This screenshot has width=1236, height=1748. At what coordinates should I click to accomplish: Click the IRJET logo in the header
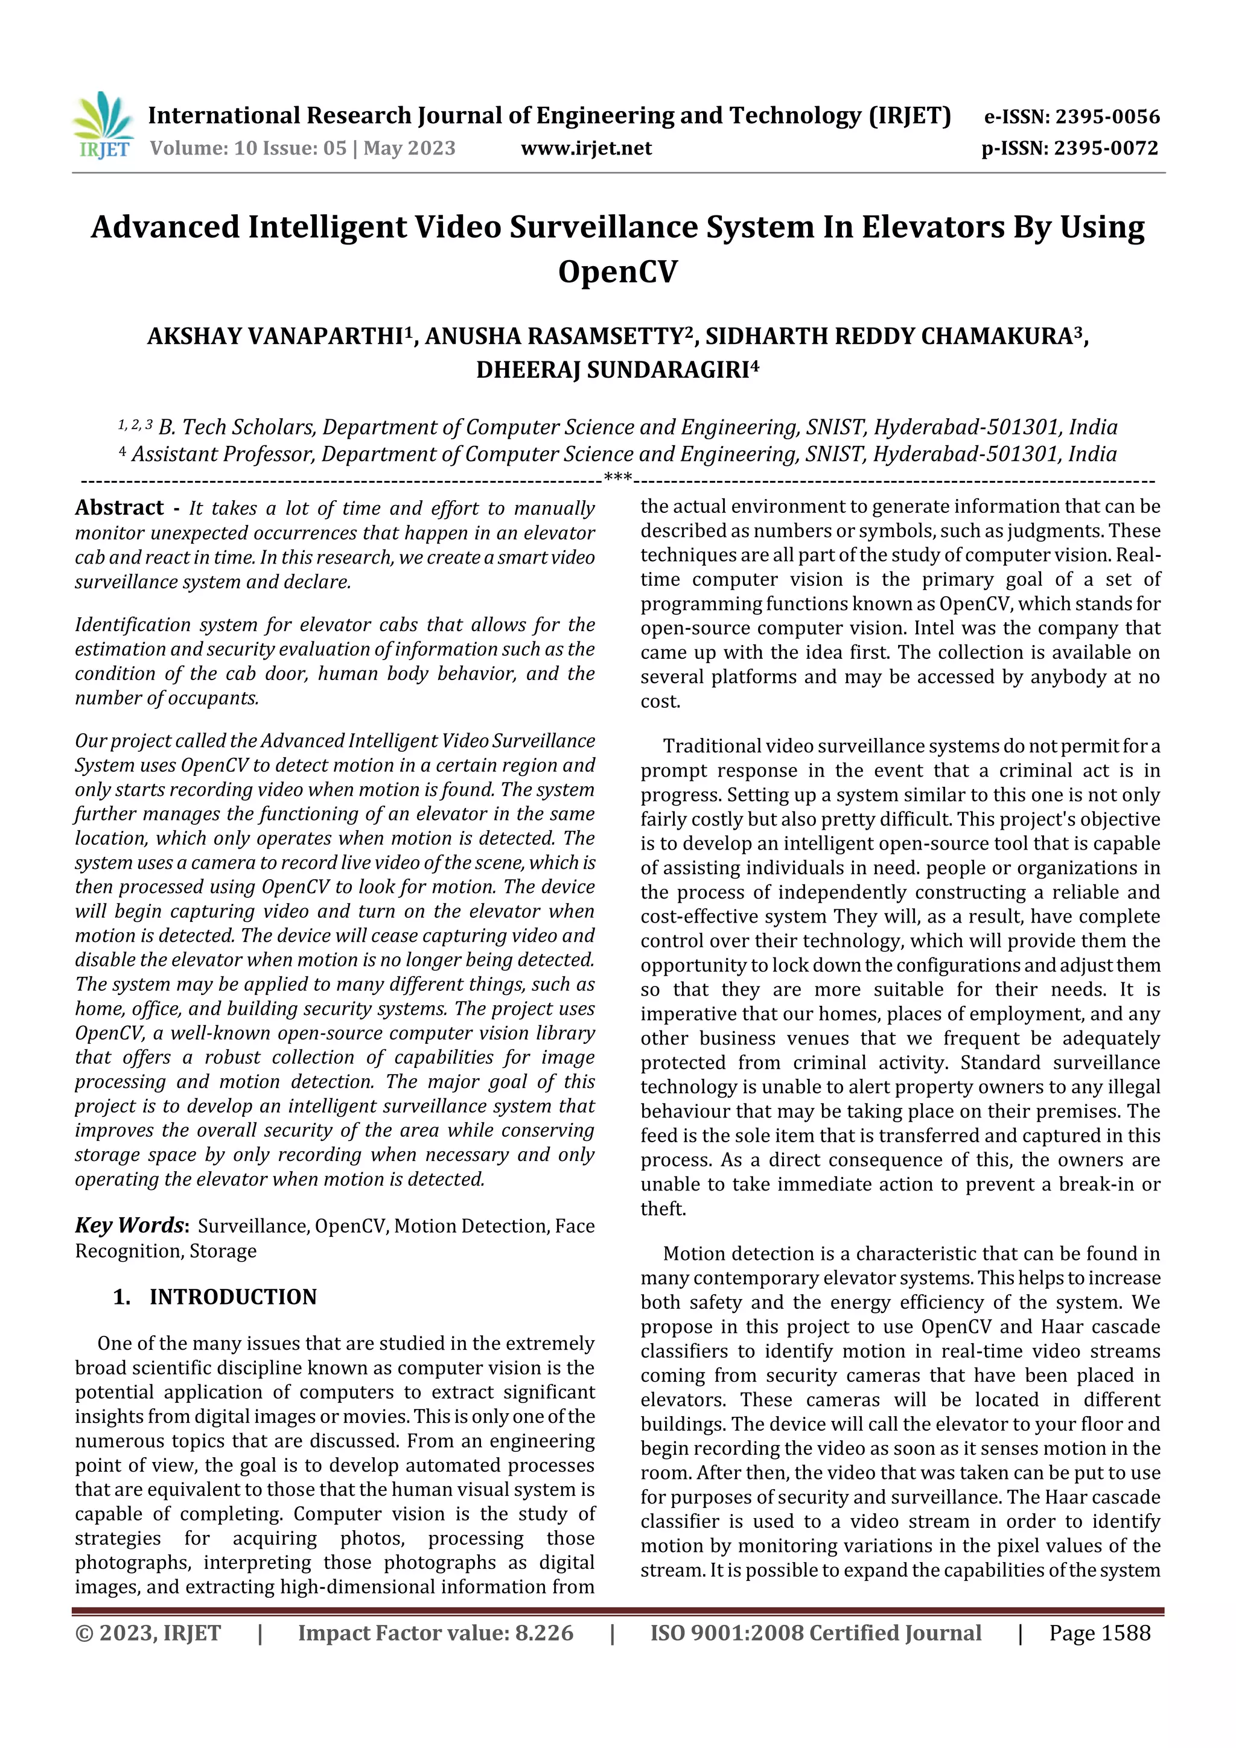click(x=104, y=126)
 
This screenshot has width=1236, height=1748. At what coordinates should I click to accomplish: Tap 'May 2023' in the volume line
click(x=409, y=148)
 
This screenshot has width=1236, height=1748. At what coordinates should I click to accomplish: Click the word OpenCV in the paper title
click(x=617, y=271)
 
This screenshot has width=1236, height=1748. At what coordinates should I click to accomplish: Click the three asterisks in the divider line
click(x=617, y=478)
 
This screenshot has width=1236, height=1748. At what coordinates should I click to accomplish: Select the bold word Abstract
click(x=119, y=508)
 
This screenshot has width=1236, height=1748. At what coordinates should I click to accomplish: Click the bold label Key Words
click(x=130, y=1225)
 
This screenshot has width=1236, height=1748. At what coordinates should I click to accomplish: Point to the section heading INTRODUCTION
click(x=232, y=1297)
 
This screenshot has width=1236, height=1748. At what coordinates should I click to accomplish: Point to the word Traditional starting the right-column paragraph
click(x=712, y=746)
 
